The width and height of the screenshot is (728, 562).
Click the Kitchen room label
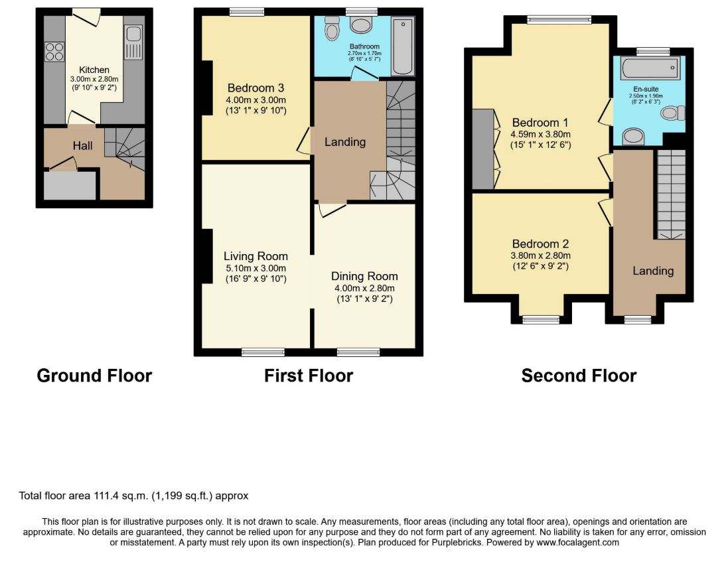point(94,70)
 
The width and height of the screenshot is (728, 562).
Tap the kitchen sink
point(133,42)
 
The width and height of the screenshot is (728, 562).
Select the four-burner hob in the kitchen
point(54,52)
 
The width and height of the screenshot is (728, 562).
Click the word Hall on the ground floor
point(83,146)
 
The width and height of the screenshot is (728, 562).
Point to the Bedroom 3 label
point(255,88)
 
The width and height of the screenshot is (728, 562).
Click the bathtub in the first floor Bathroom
point(403,46)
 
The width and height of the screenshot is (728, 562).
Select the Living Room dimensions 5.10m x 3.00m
point(255,268)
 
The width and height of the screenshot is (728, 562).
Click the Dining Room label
point(364,276)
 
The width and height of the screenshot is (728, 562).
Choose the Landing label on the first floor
point(345,142)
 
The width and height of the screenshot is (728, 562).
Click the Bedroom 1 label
point(540,123)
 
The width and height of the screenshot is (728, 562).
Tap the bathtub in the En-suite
point(650,68)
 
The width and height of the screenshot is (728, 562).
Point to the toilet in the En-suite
point(673,113)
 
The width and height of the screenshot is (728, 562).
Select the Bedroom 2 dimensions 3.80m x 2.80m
point(540,255)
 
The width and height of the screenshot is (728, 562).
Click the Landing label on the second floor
point(653,271)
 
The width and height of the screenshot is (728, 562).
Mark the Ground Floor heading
point(94,376)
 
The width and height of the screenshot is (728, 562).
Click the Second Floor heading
point(579,376)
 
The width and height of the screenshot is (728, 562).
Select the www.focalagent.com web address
point(577,542)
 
